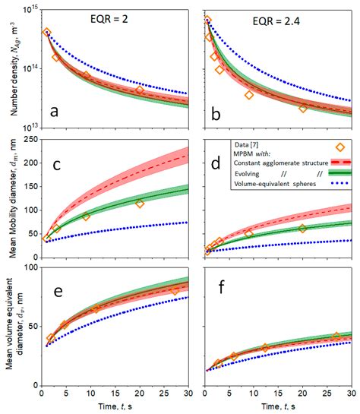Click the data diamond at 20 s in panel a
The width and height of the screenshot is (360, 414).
click(140, 90)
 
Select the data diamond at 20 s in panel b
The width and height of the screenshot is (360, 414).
click(303, 109)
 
